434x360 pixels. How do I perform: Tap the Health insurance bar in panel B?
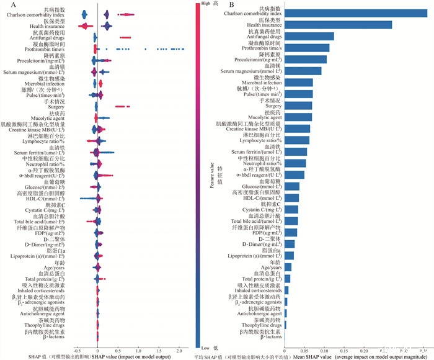(x=339, y=25)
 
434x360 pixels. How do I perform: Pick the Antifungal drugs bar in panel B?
(x=309, y=37)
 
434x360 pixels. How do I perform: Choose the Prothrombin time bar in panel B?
(x=307, y=48)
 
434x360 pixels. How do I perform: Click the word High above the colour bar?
(x=205, y=4)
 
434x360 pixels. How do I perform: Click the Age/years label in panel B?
(x=269, y=268)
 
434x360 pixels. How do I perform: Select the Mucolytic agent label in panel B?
(x=263, y=117)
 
